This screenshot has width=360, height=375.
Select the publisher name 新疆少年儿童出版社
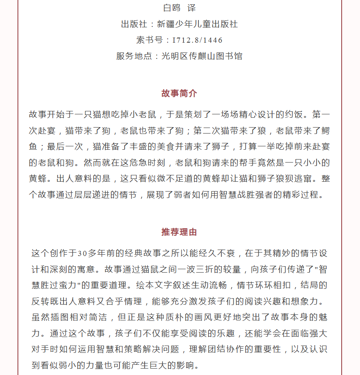(x=197, y=24)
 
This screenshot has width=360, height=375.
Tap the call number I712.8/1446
(x=197, y=40)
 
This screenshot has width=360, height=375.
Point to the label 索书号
(x=150, y=40)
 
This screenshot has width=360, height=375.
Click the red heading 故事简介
(x=179, y=93)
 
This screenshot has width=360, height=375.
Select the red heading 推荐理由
(x=179, y=232)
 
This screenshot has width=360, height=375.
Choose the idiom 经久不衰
(x=216, y=253)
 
